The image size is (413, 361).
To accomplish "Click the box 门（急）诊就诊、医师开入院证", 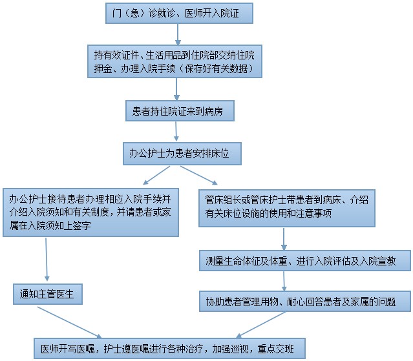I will (178, 12).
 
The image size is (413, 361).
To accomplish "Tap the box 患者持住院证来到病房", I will (178, 112).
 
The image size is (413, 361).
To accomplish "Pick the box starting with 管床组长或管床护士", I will (286, 207).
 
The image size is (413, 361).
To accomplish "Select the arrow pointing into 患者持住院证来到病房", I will (178, 90).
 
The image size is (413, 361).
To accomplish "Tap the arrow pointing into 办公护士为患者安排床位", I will (179, 132).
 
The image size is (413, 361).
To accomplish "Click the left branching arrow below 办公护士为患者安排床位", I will (156, 175).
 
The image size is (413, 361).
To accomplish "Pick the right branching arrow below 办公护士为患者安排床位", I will (198, 175).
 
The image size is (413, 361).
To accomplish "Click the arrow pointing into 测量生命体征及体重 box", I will (283, 239).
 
